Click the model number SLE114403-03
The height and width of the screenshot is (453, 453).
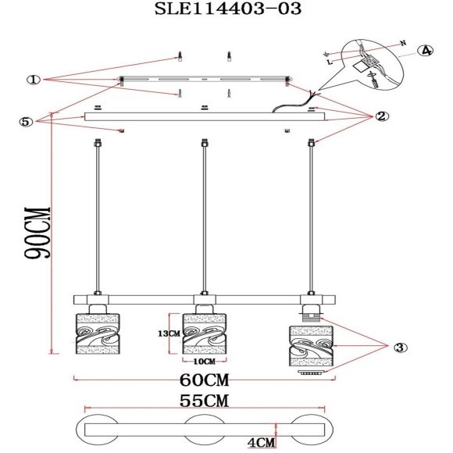(228, 9)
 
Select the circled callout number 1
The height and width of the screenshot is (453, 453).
(34, 80)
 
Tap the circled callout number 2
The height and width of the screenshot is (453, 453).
(382, 116)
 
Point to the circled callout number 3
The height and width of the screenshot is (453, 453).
(400, 348)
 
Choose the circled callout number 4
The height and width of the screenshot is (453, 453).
(425, 51)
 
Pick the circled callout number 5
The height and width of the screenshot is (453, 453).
(26, 122)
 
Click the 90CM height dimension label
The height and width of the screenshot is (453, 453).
(37, 232)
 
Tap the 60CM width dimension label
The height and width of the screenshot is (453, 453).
(205, 380)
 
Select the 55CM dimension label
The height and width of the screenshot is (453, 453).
(205, 401)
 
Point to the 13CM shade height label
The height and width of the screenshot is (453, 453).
(169, 334)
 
